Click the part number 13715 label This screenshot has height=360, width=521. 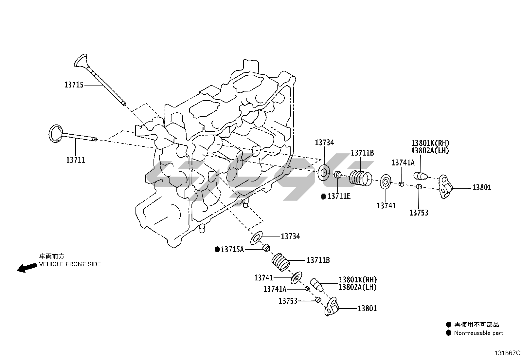pos(74,85)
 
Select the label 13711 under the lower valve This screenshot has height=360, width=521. pos(76,160)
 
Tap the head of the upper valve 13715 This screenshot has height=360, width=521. pos(81,61)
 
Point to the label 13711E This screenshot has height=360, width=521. pos(339,196)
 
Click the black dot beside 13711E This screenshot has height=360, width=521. pos(323,196)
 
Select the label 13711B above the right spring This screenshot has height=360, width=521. pos(362,153)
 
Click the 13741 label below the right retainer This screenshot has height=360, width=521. pos(386,206)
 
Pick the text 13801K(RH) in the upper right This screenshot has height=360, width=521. pos(430,143)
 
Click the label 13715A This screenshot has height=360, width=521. pos(232,250)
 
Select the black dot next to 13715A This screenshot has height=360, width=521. pos(217,250)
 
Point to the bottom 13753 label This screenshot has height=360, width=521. pos(288,301)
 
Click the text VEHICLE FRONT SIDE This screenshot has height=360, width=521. pos(70,264)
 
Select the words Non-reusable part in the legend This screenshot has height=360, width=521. pos(478,333)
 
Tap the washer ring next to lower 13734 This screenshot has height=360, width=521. pos(257,238)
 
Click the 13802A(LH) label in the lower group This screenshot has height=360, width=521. pos(357,287)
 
